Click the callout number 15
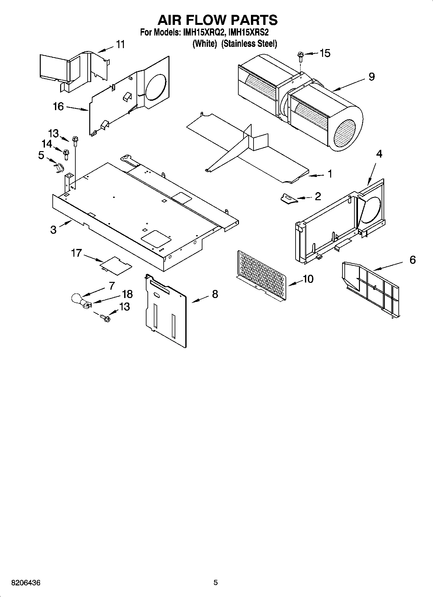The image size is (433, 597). coord(325,53)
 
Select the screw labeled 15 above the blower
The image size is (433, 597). coord(300,57)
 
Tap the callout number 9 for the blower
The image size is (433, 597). coord(372,77)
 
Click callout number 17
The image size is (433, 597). coord(76,253)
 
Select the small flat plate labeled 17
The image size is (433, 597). coord(116,265)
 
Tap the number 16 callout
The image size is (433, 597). coord(58,106)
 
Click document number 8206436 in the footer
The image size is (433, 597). coord(26,583)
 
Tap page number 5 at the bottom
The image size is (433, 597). coord(216,583)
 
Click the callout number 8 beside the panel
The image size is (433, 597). coord(215,294)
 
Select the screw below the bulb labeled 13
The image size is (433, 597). coord(105,318)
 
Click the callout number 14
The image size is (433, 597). coord(47,144)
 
